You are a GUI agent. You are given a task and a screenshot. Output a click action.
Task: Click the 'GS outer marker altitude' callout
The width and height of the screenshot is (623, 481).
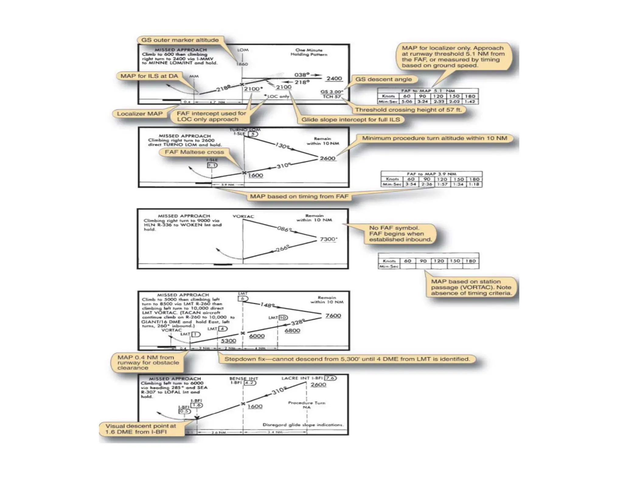click(180, 40)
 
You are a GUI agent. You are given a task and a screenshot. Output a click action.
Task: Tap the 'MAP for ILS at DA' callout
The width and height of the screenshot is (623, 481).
click(149, 76)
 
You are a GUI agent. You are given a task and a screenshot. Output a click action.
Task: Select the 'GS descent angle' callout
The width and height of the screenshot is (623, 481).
click(383, 79)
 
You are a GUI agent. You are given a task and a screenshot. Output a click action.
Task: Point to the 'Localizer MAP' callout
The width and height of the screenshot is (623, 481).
click(140, 114)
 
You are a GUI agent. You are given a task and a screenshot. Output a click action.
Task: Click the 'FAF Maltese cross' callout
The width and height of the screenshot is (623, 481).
click(194, 152)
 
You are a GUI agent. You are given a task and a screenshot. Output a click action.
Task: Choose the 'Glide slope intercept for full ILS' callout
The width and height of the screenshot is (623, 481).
click(350, 119)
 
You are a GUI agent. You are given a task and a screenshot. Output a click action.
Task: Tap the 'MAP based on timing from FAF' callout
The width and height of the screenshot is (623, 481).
click(299, 196)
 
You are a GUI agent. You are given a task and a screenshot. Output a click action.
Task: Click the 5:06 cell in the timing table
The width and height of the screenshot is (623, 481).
click(406, 102)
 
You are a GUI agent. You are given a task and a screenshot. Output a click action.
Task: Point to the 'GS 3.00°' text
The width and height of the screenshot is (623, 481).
click(332, 92)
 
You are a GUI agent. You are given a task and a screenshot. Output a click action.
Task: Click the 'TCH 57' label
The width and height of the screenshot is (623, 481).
click(332, 97)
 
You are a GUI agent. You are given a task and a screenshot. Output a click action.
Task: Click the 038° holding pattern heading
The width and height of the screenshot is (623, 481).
click(302, 75)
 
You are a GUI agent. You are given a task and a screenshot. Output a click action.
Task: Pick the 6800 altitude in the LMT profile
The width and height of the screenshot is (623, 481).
click(292, 330)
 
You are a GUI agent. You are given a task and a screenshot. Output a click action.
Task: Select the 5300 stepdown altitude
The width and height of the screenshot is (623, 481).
click(228, 341)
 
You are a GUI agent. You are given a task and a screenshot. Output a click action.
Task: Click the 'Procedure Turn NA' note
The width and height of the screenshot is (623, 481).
click(307, 405)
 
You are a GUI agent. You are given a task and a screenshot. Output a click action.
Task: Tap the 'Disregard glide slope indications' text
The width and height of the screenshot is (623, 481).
click(303, 425)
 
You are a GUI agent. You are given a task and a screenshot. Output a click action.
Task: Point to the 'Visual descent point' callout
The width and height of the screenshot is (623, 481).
click(141, 429)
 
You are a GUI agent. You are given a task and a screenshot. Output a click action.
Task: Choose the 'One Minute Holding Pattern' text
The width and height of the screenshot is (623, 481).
click(309, 52)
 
